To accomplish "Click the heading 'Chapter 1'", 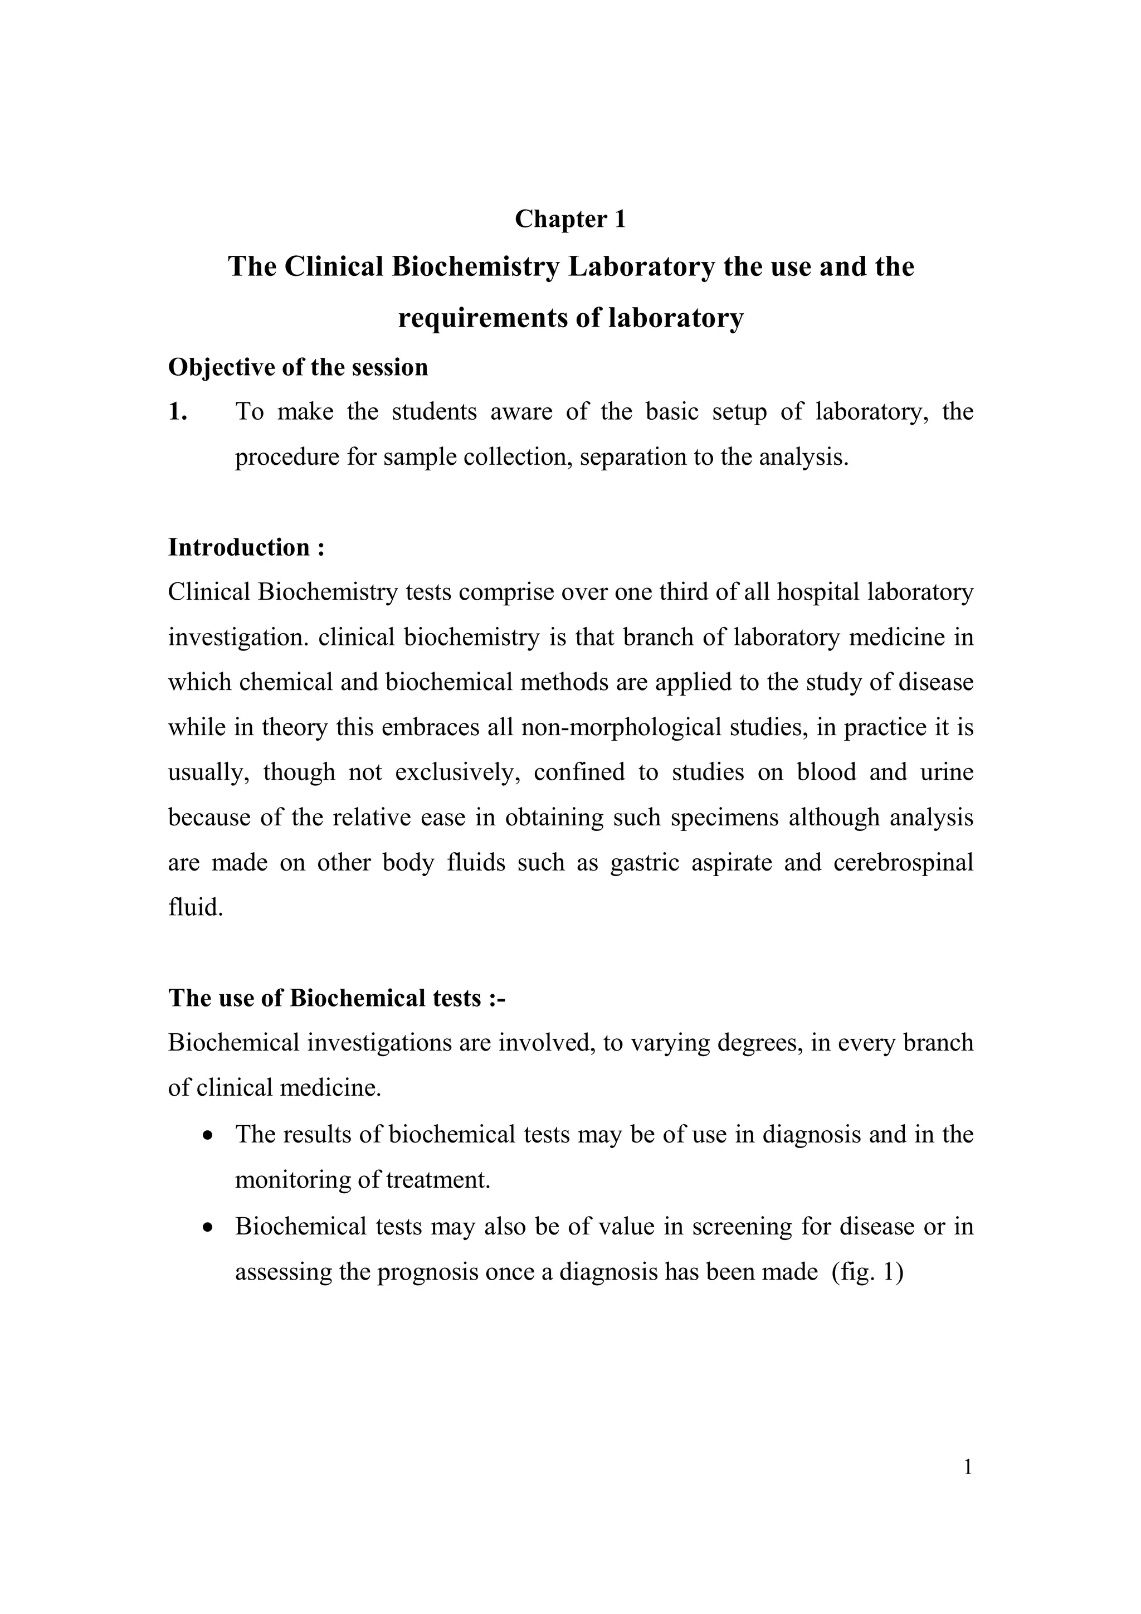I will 570,220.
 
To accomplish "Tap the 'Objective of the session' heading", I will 298,368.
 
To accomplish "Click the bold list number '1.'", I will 178,412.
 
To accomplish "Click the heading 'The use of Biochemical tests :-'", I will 337,998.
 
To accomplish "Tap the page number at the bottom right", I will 968,1468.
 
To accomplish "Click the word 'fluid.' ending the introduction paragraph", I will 196,907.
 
